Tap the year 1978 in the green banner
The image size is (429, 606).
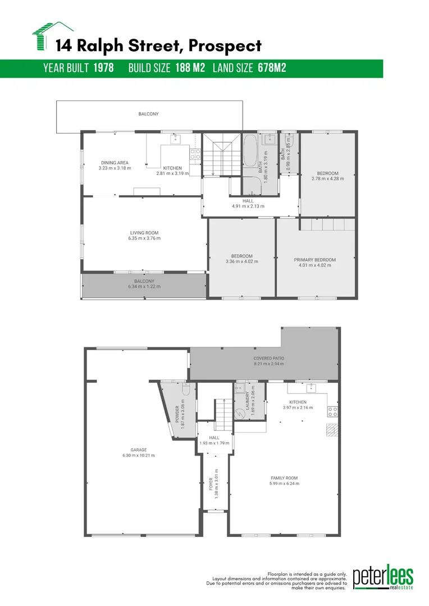coord(103,68)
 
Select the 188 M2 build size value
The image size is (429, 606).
coord(190,68)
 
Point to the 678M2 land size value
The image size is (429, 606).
coord(272,68)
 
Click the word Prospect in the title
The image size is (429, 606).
coord(226,45)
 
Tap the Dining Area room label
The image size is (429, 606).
coord(115,163)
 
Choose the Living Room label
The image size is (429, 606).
coord(145,232)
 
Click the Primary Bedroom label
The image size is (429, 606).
coord(314,260)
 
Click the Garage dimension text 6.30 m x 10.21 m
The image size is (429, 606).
coord(139,455)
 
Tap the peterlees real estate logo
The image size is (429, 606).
coord(383,578)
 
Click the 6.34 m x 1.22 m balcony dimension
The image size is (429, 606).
coord(144,287)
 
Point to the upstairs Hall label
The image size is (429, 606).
coord(248,200)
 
